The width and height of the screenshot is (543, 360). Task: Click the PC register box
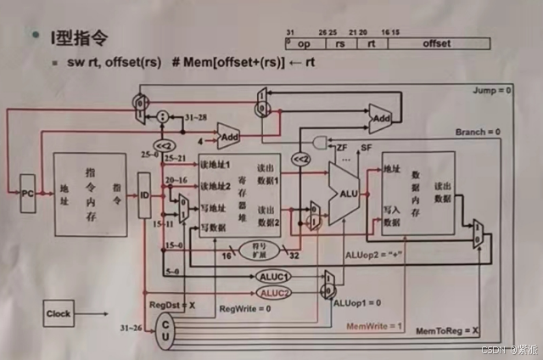point(27,194)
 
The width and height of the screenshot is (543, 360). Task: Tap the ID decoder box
point(144,194)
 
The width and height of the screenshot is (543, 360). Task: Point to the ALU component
point(343,194)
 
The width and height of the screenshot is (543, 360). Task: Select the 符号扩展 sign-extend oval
point(260,250)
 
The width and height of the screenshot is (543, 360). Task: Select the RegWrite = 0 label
point(246,307)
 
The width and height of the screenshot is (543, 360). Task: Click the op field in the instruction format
point(305,42)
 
